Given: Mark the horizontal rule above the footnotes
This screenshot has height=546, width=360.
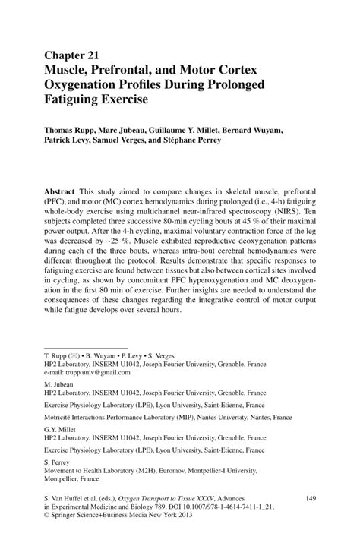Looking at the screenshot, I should [86, 347].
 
